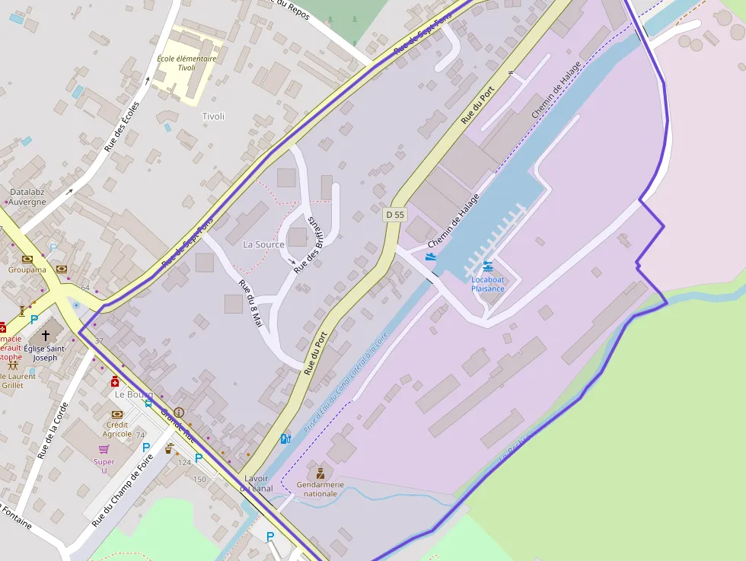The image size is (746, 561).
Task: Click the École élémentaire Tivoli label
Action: coord(186,62)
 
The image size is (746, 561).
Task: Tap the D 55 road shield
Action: coord(394,215)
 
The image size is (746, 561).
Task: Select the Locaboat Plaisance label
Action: coord(487,284)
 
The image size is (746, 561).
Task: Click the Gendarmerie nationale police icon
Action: coord(320,473)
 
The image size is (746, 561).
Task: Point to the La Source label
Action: coord(263,244)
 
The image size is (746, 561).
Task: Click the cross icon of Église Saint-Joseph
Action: coord(45,334)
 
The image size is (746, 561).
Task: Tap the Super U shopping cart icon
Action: coord(104,449)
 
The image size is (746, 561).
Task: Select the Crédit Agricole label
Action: coord(117,429)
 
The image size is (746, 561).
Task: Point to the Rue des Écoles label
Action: coord(122,126)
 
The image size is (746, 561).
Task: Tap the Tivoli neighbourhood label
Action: coord(213,116)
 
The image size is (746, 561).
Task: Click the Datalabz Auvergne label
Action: coord(27,197)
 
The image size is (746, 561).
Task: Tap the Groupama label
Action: coord(27,269)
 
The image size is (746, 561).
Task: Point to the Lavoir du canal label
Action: coord(257,483)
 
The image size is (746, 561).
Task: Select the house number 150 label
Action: coord(199,479)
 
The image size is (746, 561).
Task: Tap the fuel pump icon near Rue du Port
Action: coord(285,438)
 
